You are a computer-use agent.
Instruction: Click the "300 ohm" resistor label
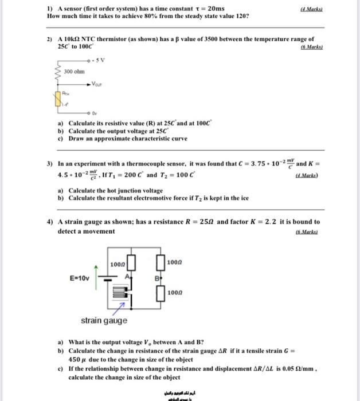(x=74, y=72)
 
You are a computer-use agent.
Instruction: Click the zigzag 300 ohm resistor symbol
(x=57, y=73)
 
